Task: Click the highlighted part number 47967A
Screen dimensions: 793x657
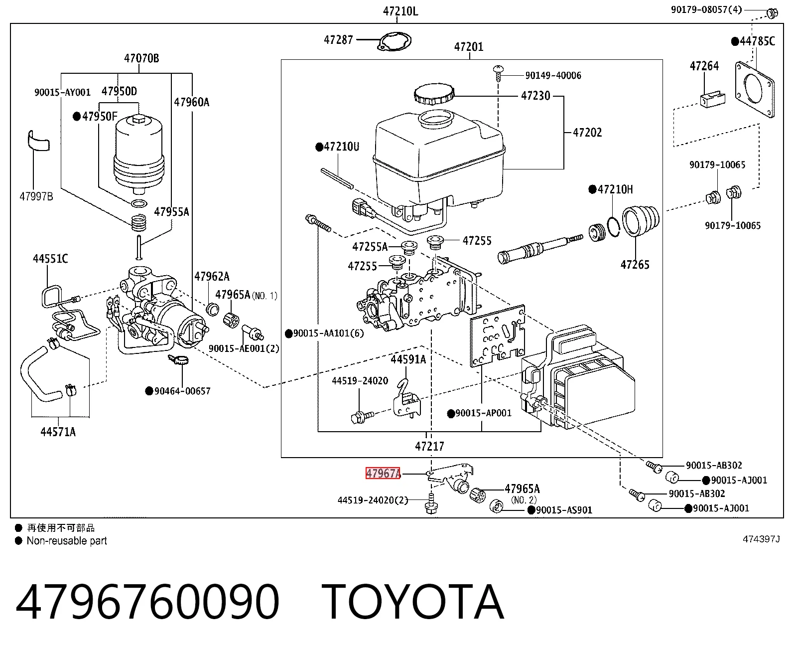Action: tap(383, 474)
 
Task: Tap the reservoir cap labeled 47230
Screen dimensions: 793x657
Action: tap(434, 94)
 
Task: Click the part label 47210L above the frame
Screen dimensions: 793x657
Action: tap(400, 11)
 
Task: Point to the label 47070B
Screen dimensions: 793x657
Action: tap(141, 58)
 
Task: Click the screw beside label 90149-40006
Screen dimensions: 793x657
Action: tap(498, 73)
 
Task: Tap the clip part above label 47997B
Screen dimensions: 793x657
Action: tap(38, 141)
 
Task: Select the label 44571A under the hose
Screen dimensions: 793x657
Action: tap(58, 432)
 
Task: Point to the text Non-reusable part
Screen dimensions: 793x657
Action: tap(67, 541)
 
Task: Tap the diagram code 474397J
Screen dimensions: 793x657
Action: tap(761, 539)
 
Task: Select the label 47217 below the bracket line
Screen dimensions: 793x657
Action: tap(429, 446)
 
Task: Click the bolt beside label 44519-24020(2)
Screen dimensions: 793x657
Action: tap(431, 503)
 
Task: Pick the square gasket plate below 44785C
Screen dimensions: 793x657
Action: tap(755, 90)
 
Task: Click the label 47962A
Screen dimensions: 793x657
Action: tap(212, 277)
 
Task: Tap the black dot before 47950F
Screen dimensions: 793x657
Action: tap(77, 116)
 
